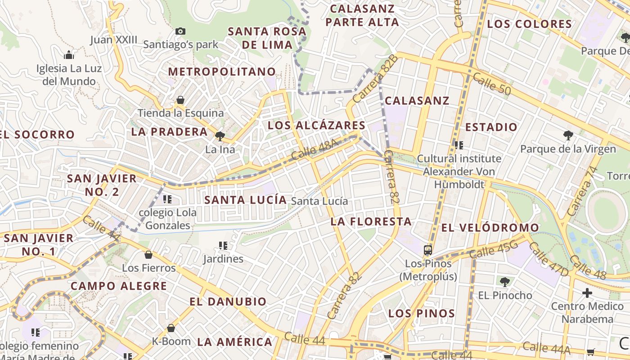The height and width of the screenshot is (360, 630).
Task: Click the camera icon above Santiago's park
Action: click(180, 31)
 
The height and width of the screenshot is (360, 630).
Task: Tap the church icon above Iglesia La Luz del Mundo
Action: click(69, 55)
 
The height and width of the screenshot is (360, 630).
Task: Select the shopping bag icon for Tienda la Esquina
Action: click(180, 99)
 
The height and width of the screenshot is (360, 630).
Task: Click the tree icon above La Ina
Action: click(220, 136)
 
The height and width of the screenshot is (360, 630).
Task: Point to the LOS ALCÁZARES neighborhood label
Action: click(316, 126)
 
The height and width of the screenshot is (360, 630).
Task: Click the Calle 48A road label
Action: click(314, 150)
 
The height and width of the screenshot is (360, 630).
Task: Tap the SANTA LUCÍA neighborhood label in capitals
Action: click(245, 200)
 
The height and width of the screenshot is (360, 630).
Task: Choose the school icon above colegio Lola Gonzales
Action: click(167, 199)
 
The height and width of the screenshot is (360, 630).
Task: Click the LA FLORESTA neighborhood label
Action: click(371, 221)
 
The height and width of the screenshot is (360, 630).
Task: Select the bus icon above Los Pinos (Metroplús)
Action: click(428, 250)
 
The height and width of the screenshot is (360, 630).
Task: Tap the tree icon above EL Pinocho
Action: click(505, 282)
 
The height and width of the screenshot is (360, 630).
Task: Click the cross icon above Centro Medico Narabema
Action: click(587, 293)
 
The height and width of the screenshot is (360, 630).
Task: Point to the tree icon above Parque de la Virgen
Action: click(568, 135)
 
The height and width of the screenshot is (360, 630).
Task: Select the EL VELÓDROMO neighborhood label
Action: click(490, 228)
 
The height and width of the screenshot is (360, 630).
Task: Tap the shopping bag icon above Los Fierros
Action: click(148, 255)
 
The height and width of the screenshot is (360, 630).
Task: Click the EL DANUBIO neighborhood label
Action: click(228, 301)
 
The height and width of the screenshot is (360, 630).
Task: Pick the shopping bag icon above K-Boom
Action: click(171, 328)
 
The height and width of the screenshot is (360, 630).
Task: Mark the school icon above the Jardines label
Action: click(223, 245)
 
